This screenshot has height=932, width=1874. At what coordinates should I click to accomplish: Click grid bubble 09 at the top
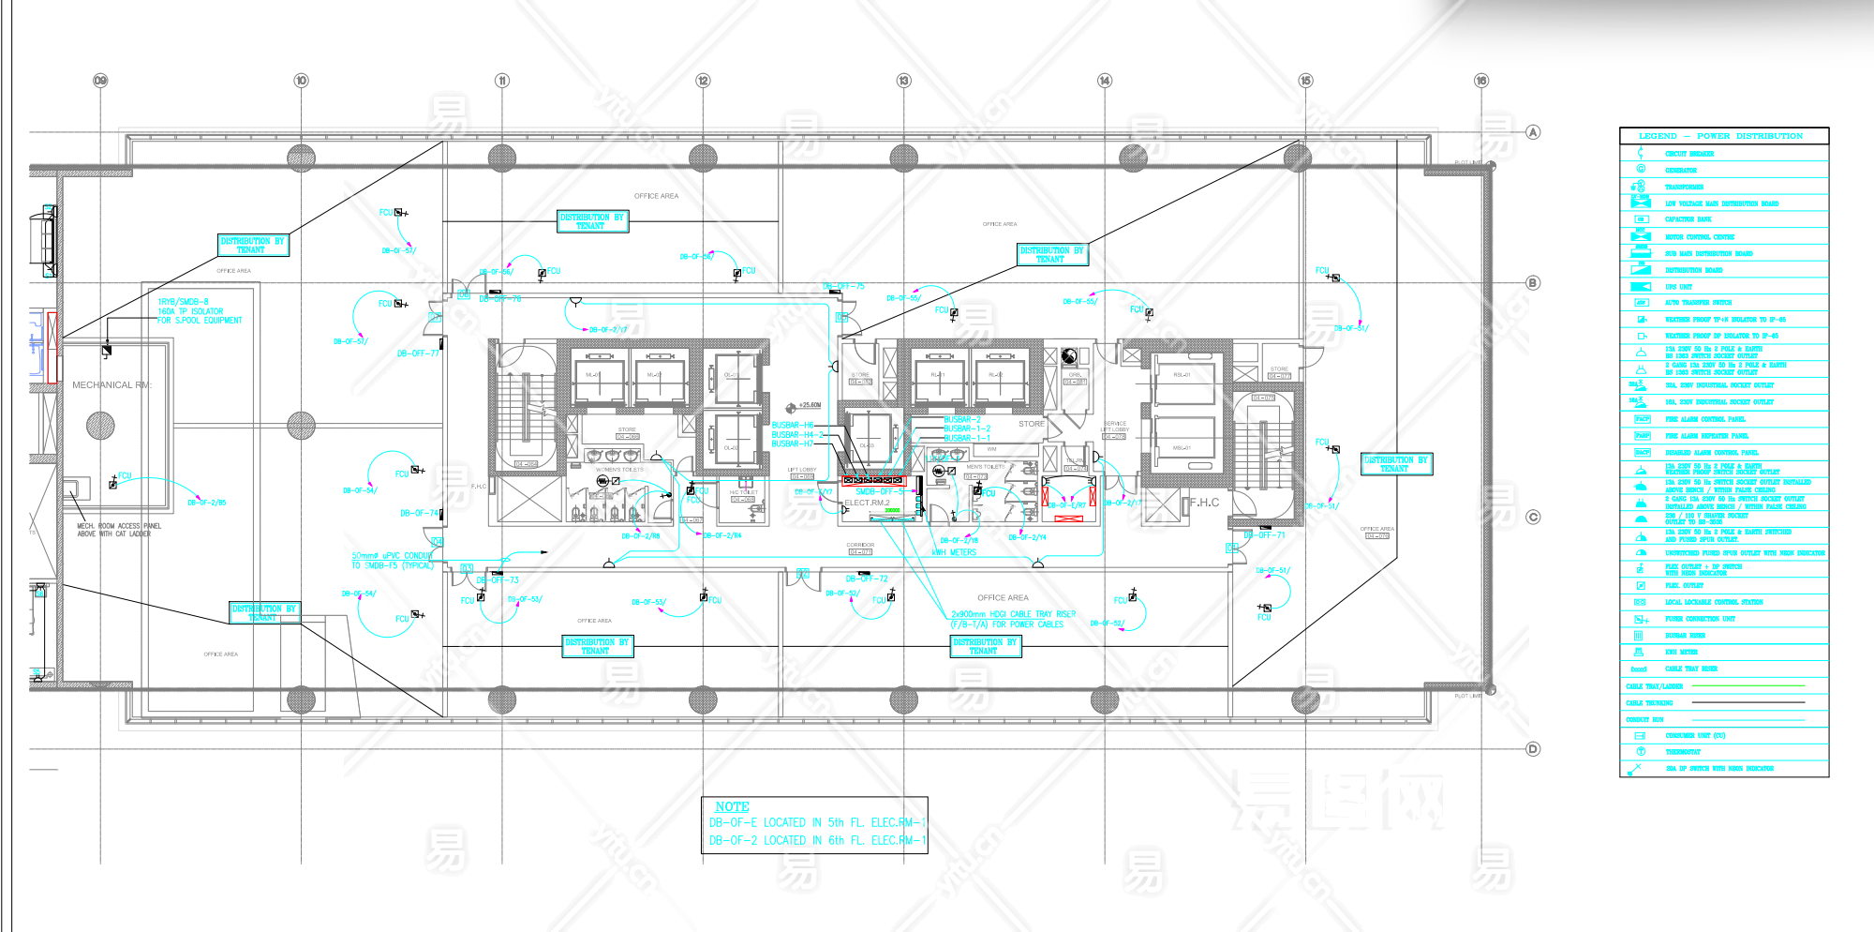point(100,81)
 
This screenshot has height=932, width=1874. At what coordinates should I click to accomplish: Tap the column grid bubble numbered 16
point(1481,81)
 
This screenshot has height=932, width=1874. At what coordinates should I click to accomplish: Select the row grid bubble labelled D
point(1533,749)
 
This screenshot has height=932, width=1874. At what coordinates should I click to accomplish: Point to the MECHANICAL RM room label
point(112,385)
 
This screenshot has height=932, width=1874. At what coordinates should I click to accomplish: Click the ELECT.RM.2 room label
point(867,503)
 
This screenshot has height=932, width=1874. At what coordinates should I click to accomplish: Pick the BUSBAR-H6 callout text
point(793,426)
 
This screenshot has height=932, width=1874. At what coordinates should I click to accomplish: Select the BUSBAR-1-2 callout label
point(967,428)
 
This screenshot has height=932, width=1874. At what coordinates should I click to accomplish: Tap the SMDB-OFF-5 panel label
point(880,492)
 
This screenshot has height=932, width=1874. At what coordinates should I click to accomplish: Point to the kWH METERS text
point(954,552)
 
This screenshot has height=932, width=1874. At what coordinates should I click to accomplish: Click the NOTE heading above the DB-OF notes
point(732,807)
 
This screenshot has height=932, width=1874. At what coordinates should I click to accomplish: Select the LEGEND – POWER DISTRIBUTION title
point(1720,137)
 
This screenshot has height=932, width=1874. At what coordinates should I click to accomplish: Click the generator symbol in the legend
point(1641,170)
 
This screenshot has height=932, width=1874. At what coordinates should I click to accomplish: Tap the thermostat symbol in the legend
point(1641,752)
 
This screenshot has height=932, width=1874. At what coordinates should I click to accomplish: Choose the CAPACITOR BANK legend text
point(1688,219)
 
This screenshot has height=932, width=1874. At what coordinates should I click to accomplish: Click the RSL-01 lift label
point(1182,375)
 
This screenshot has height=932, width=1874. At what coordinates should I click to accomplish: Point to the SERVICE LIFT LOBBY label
point(1115,427)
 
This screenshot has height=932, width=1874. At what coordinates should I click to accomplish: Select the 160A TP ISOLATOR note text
point(190,311)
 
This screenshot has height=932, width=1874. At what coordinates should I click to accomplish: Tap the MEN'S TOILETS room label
point(986,467)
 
